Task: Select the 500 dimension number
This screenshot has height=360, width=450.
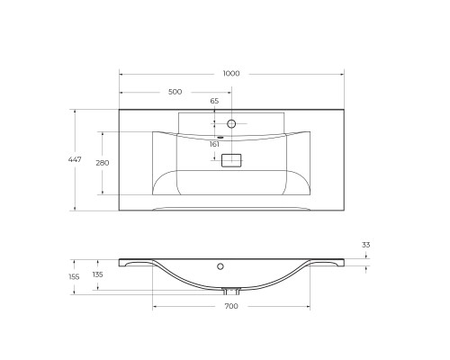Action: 175,92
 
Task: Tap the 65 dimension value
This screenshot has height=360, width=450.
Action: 214,102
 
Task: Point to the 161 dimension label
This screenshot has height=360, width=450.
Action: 214,144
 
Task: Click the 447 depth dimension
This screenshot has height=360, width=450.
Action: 75,159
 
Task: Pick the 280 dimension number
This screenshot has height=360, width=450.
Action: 103,163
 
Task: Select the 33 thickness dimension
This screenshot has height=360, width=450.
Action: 366,245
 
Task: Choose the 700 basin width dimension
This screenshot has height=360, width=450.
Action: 231,308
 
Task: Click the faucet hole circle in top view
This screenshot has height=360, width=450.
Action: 231,123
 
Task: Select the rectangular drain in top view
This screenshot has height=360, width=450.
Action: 231,160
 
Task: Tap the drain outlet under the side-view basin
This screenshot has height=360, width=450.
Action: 231,291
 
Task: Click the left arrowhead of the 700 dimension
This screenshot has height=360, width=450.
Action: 155,306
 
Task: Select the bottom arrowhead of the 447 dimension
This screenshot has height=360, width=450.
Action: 75,209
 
